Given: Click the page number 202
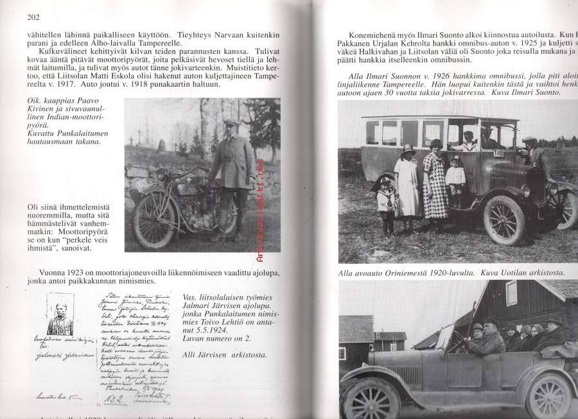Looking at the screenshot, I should (34, 17).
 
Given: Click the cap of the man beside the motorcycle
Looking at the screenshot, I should (231, 122).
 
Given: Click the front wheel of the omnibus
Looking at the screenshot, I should (504, 220).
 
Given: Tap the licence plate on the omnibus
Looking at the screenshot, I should (498, 154).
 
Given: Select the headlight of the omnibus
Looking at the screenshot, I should (525, 191).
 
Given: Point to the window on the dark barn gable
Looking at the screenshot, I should (511, 293).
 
